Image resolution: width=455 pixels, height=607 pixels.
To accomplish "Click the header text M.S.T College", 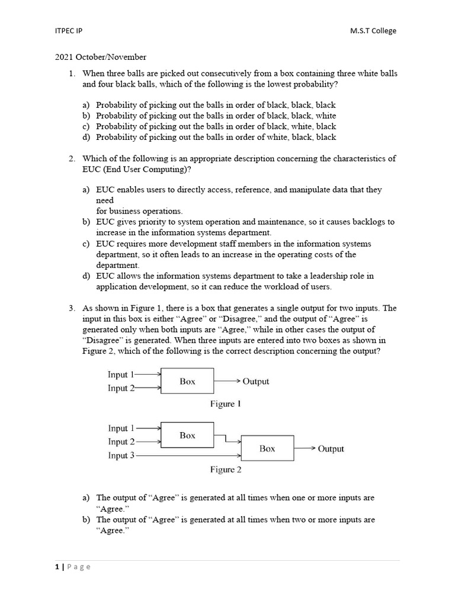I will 373,31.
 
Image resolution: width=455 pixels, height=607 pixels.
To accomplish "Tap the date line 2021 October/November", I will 100,57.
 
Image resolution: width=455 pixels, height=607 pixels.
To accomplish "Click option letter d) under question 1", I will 86,137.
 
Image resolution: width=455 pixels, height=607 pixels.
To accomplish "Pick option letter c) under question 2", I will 86,244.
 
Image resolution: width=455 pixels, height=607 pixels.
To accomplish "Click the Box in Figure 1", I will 187,382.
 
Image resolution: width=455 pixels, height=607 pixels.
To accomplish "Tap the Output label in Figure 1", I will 255,382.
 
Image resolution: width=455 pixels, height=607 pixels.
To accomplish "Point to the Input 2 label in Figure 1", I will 121,388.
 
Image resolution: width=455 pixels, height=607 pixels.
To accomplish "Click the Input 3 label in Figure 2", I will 121,455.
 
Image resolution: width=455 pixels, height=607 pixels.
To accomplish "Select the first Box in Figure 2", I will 187,435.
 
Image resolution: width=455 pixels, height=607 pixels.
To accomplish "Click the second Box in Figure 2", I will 267,449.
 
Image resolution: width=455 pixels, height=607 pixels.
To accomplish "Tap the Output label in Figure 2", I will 331,449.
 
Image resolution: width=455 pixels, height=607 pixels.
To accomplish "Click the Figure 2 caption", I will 226,470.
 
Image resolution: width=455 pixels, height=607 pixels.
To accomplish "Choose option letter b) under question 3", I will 86,520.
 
